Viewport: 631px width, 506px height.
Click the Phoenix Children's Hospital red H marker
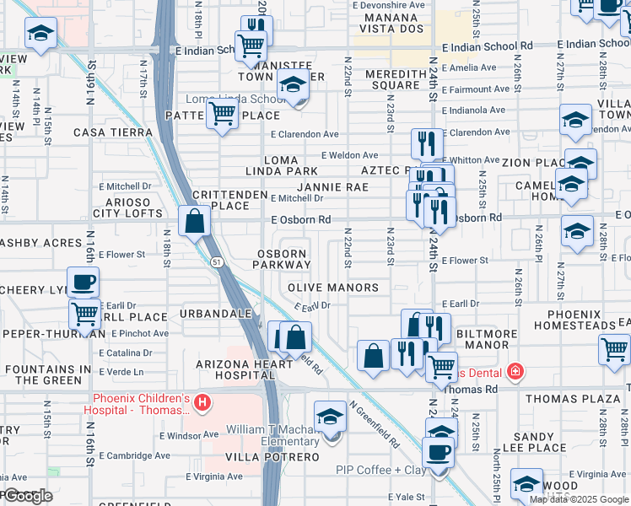(x=202, y=404)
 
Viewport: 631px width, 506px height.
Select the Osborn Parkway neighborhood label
(x=282, y=259)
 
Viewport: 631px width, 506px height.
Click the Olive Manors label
(x=334, y=288)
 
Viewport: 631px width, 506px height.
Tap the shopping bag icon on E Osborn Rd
(x=194, y=223)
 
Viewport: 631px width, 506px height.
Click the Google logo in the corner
(x=27, y=497)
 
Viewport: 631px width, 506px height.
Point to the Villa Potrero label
(x=261, y=457)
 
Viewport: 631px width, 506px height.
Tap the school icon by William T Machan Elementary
(x=331, y=417)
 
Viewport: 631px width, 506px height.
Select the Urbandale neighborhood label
(x=216, y=314)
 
